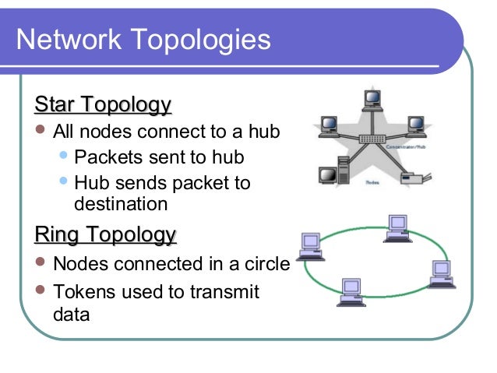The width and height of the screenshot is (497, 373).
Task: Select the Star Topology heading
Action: (103, 104)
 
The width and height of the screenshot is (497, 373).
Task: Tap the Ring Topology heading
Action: (105, 234)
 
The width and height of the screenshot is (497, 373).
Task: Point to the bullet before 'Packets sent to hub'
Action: (65, 157)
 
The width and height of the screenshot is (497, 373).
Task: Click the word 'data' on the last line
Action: (71, 315)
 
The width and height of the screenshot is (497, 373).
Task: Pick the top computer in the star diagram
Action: (372, 99)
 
